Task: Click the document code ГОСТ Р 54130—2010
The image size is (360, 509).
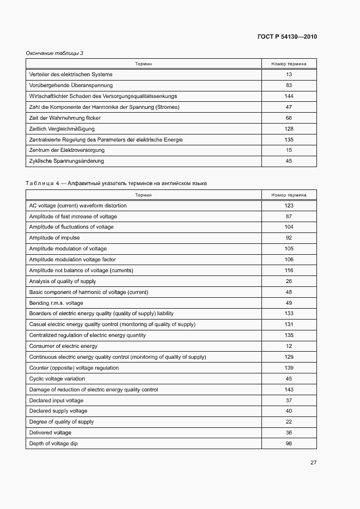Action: point(286,37)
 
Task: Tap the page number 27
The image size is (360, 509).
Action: point(313,462)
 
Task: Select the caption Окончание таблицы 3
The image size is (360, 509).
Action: point(54,53)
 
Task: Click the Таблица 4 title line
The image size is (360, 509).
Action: point(116,183)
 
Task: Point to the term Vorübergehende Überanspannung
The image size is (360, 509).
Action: point(71,85)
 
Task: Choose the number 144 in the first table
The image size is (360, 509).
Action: point(289,96)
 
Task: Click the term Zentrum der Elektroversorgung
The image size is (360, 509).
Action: point(66,150)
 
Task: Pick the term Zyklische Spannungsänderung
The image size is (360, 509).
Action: point(66,161)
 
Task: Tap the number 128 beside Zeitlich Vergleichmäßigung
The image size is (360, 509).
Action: point(289,129)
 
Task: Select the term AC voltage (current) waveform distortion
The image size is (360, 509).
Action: point(78,206)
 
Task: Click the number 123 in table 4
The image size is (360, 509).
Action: point(289,206)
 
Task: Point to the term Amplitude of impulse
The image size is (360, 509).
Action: point(54,238)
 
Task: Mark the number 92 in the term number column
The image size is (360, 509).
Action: point(289,238)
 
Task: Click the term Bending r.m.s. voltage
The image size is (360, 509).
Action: point(56,303)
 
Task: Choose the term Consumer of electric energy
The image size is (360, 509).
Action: point(63,346)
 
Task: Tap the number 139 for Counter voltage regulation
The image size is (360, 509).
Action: point(289,368)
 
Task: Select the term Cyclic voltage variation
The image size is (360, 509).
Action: point(57,379)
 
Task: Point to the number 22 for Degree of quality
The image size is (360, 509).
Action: point(289,422)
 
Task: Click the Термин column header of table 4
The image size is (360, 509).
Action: point(144,195)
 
